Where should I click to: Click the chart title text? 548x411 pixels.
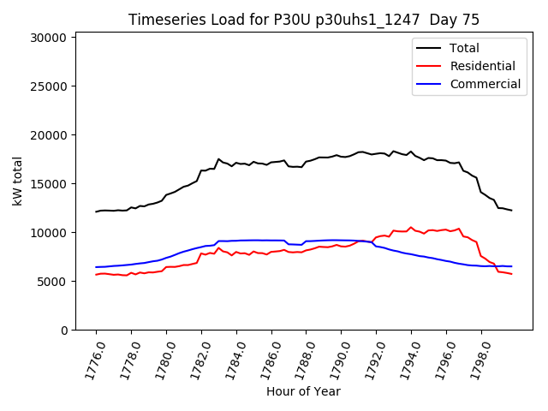click(x=304, y=20)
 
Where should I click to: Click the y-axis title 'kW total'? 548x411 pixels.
click(x=17, y=181)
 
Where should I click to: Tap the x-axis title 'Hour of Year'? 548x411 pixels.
click(x=303, y=391)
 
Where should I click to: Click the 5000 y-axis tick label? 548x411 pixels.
click(x=51, y=282)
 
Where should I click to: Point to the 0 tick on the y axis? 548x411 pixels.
click(x=63, y=331)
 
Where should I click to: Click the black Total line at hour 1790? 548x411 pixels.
click(x=341, y=156)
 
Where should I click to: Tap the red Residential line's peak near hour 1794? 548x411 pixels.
click(x=411, y=228)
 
